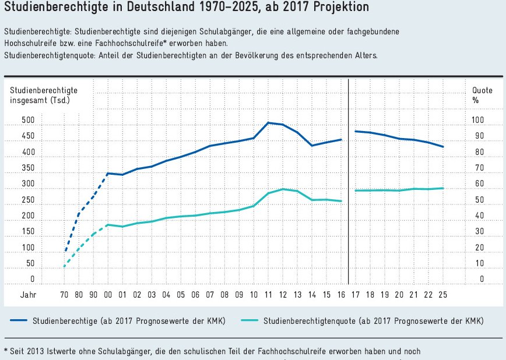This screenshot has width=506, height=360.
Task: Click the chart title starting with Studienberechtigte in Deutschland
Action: (186, 8)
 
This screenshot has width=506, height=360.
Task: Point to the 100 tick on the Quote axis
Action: (478, 121)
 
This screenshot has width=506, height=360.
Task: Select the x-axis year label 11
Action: (268, 295)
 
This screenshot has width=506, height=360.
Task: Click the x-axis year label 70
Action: (64, 295)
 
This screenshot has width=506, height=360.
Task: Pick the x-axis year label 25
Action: (442, 295)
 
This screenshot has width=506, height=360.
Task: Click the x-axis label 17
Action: (356, 295)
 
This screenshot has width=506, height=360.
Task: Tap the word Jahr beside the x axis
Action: (29, 295)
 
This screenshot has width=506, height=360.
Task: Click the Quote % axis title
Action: (482, 95)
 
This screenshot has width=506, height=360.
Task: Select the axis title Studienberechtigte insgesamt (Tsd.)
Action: (43, 95)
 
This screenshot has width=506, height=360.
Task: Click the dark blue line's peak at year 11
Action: (268, 122)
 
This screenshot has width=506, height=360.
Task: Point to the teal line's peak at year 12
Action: (283, 189)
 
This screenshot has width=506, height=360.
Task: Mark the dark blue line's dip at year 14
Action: (312, 146)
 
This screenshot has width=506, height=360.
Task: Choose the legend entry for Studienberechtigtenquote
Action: (373, 321)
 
